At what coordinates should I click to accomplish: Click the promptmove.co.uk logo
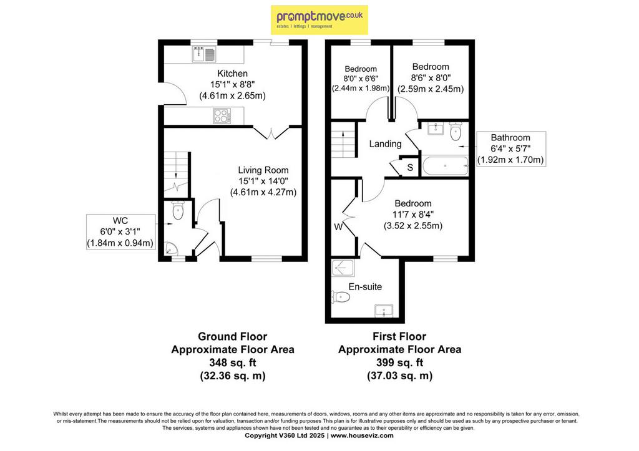click(x=319, y=19)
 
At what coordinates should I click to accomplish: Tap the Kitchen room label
click(x=232, y=74)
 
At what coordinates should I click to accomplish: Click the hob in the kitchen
click(x=222, y=115)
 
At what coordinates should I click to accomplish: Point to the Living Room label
click(x=263, y=170)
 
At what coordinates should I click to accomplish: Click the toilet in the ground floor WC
click(x=178, y=210)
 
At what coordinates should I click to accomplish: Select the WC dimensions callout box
click(x=120, y=232)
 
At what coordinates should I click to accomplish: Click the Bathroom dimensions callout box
click(x=510, y=148)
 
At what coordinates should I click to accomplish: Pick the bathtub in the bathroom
click(x=445, y=166)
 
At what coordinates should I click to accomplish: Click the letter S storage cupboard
click(x=410, y=167)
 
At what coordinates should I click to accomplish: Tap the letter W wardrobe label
click(x=338, y=227)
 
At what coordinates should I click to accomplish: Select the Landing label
click(x=385, y=144)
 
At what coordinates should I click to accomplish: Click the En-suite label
click(x=365, y=287)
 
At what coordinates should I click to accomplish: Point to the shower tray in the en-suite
click(x=343, y=268)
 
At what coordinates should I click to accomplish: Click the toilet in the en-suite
click(x=341, y=297)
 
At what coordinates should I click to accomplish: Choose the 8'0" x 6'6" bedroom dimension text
click(x=361, y=78)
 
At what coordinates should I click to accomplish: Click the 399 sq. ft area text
click(x=399, y=362)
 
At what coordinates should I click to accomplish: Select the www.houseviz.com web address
click(x=362, y=435)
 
